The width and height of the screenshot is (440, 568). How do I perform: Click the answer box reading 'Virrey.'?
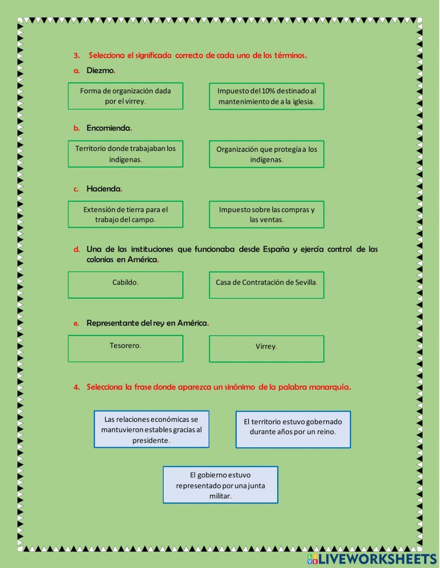point(266,349)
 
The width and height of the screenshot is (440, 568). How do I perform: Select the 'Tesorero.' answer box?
point(125,348)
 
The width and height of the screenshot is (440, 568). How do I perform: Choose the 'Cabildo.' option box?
point(125,285)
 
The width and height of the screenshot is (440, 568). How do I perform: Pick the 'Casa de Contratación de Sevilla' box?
point(266,285)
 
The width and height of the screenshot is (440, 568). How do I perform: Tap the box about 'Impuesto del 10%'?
point(266,96)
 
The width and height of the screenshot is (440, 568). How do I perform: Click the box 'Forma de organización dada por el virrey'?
point(125,96)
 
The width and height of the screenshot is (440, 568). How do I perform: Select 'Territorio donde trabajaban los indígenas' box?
point(125,154)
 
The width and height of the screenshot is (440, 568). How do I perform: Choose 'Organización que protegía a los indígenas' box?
point(266,154)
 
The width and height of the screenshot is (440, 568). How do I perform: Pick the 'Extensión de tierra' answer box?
point(125,214)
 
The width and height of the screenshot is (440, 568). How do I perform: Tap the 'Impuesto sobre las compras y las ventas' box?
point(266,215)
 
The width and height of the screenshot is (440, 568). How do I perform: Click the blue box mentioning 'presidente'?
point(151,429)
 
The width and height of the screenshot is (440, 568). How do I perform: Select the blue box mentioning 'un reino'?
point(293,429)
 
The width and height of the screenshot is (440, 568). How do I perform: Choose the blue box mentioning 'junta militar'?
point(220,485)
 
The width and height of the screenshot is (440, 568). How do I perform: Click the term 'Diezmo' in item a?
point(100,70)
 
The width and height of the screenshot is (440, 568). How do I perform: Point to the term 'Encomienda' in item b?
point(108,128)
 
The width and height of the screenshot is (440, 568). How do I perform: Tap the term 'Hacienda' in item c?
point(103,189)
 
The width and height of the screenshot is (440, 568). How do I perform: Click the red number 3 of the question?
point(77,55)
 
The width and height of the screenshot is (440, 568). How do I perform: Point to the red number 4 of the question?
point(77,387)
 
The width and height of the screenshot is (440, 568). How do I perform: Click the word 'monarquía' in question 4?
point(329,387)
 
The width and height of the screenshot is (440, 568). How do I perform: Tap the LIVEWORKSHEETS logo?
point(372,559)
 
